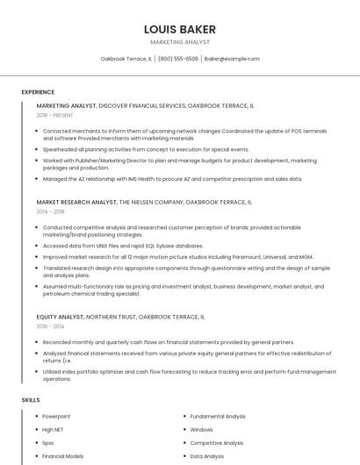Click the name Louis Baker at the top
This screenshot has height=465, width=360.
pos(180,29)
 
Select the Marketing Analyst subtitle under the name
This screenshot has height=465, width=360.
pos(180,42)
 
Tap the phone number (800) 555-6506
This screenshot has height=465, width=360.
pos(178,59)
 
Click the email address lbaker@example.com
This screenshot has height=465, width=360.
pos(231,59)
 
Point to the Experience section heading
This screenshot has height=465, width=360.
pos(38,92)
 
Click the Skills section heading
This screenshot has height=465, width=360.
pos(31,400)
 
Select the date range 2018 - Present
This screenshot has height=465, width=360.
pos(55,115)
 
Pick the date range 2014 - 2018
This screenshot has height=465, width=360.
pos(50,211)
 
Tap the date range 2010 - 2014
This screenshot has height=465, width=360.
pos(49,326)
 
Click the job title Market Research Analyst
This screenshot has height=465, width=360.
pos(76,202)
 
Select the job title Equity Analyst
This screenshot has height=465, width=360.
pos(61,317)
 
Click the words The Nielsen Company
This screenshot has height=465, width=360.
pos(151,202)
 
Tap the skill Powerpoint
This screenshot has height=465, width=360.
pos(56,416)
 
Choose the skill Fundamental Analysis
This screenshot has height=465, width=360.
pos(218,416)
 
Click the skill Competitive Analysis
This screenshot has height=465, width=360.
pos(217,443)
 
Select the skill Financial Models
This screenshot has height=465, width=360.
pos(62,456)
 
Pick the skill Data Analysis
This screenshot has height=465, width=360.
pos(207,456)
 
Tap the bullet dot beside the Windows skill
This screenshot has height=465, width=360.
pos(184,430)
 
